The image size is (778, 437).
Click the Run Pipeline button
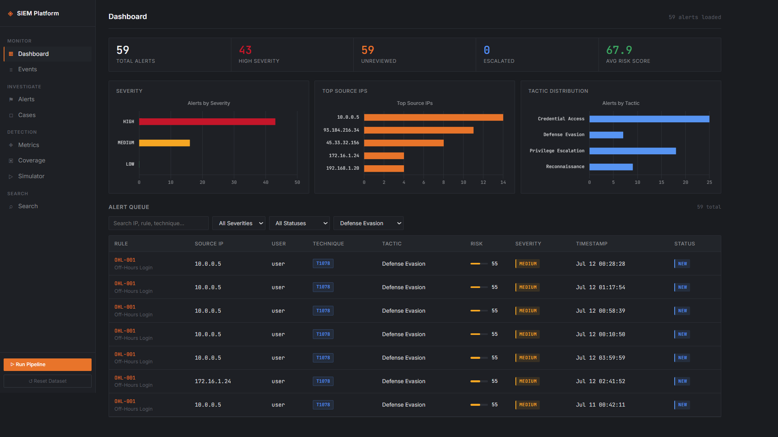[47, 365]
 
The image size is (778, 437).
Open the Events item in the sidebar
[28, 69]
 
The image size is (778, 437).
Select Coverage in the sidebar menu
[32, 160]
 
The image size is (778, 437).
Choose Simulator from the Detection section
[31, 176]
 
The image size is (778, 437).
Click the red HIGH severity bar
[207, 122]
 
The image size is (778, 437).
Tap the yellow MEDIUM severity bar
[165, 143]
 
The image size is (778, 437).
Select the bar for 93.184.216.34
[419, 130]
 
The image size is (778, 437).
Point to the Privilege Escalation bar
[633, 151]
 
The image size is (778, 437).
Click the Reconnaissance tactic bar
[611, 167]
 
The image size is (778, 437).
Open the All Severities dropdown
[239, 223]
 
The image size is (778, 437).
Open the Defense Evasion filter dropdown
[368, 223]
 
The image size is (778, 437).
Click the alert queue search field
[158, 223]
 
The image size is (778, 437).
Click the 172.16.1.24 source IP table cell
[213, 382]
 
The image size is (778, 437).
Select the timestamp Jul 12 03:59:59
[601, 358]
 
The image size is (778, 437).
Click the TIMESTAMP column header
[592, 244]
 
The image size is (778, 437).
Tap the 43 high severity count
[245, 50]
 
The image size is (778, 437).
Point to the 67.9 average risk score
[619, 50]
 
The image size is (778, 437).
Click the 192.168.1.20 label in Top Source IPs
[342, 168]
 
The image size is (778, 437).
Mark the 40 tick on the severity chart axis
[265, 183]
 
